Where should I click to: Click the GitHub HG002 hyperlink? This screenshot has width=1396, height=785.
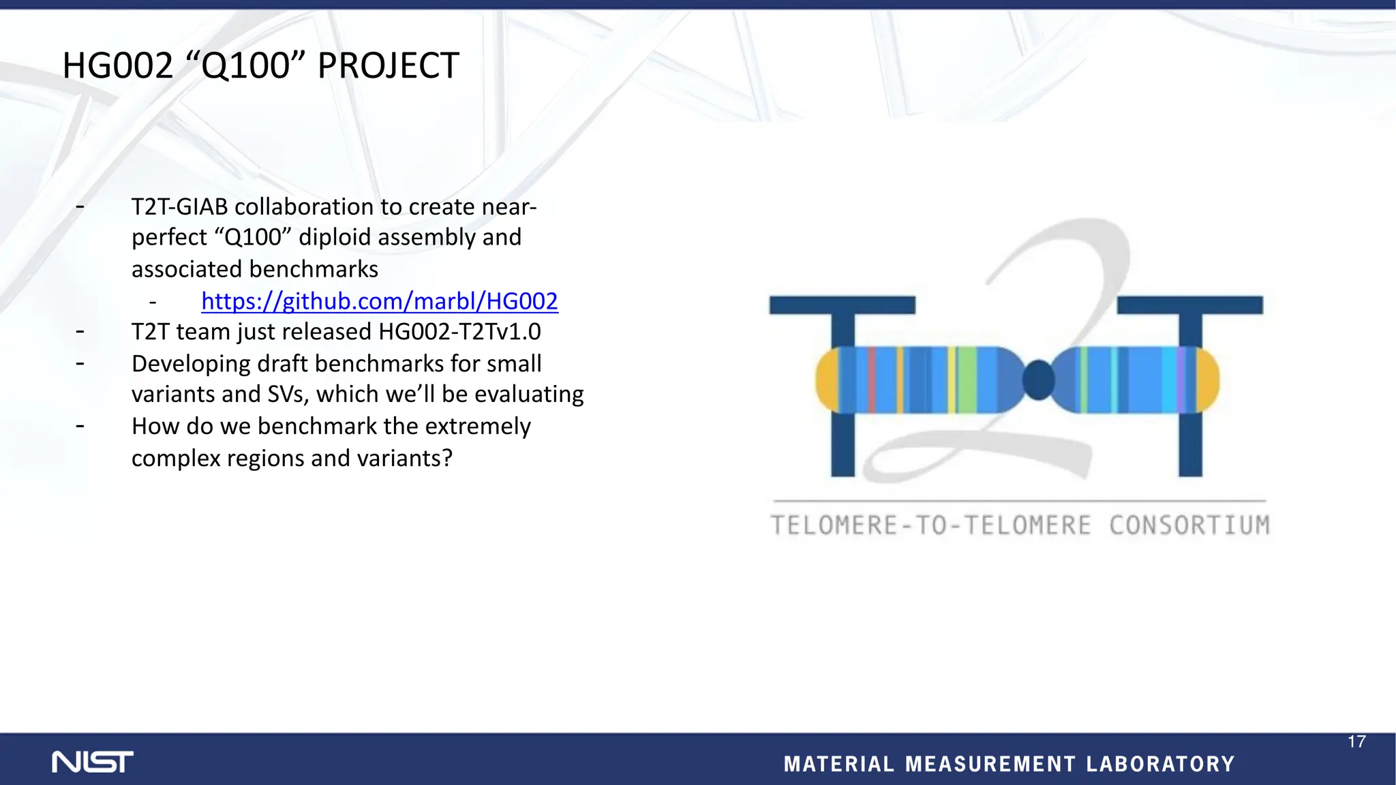click(380, 301)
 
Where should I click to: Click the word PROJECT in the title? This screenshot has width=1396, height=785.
click(388, 66)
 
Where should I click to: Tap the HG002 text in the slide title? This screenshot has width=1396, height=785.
click(118, 66)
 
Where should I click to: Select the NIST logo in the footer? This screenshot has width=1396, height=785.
click(93, 762)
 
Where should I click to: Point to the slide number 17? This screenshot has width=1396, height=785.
click(1356, 741)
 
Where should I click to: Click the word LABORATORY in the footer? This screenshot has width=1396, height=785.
click(1160, 764)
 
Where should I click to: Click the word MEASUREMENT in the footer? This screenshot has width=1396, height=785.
click(990, 764)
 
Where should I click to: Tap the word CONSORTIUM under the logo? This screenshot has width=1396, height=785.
click(1189, 525)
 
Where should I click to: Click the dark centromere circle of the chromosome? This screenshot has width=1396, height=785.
click(1039, 380)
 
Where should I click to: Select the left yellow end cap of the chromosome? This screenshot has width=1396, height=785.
click(827, 380)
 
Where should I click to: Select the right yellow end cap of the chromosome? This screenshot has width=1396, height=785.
click(1207, 380)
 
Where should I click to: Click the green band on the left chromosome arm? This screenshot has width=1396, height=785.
click(967, 380)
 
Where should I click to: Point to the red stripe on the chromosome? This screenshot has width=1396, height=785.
click(872, 380)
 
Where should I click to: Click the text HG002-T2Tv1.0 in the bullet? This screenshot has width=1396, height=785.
click(459, 332)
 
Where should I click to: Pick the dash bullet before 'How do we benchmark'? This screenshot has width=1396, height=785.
click(80, 427)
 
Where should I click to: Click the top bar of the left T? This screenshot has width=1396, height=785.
click(842, 305)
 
